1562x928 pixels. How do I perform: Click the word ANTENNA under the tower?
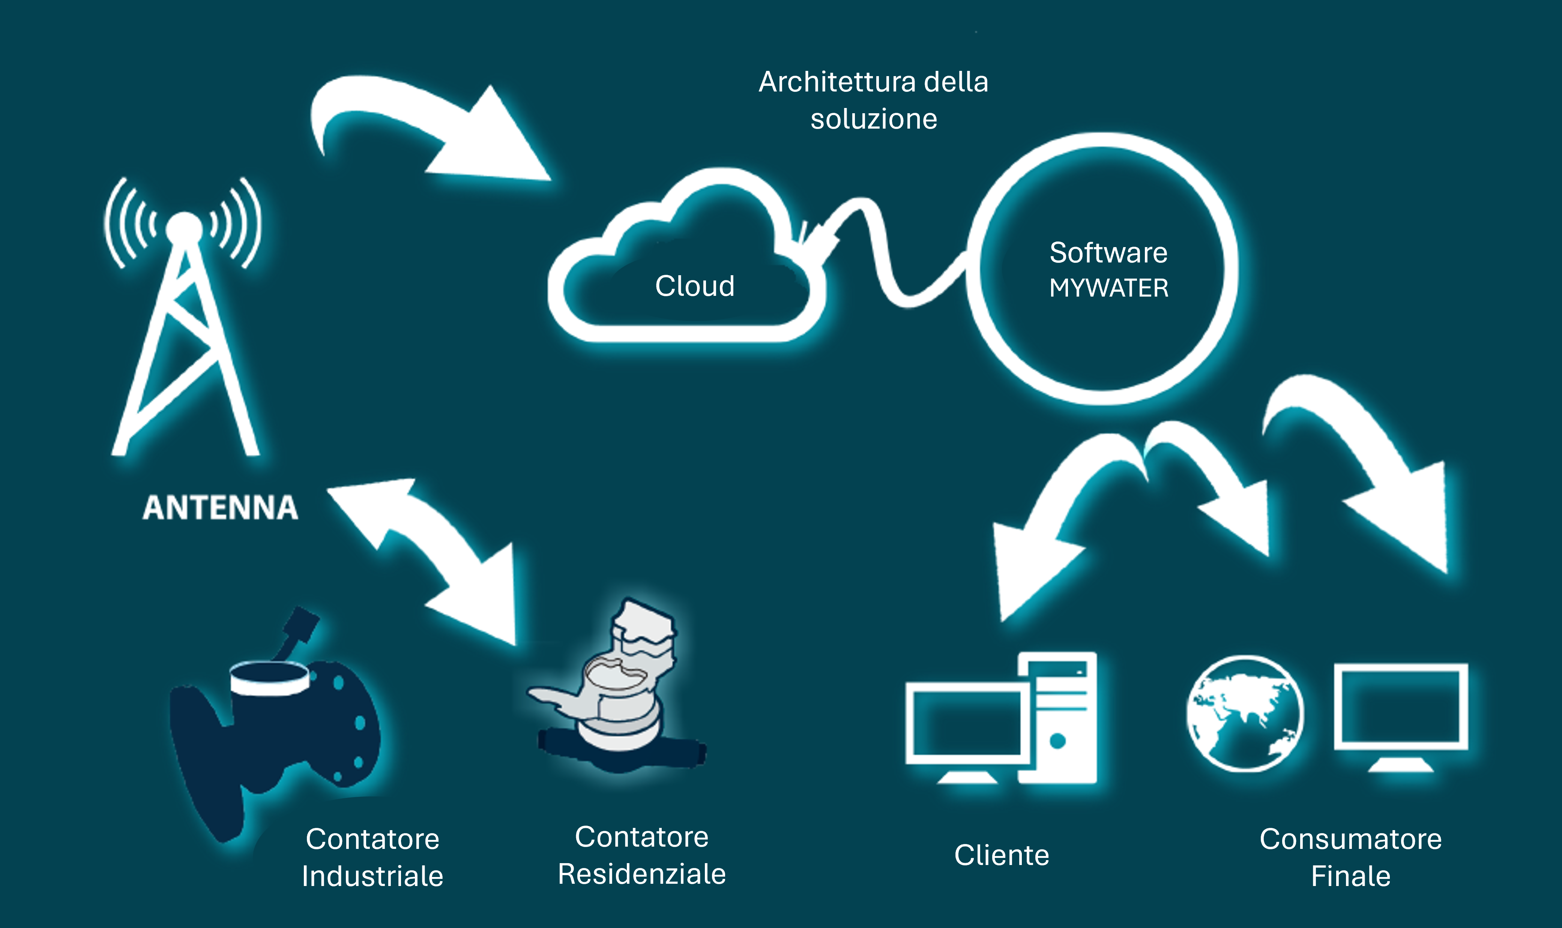[220, 507]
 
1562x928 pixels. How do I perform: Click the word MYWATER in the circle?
[1108, 288]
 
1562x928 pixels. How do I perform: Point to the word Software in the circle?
[1108, 253]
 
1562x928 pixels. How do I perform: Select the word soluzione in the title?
[874, 119]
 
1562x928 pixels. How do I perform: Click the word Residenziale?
[642, 874]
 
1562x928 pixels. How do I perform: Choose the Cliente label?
[1002, 855]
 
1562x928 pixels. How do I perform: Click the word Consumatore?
[1350, 839]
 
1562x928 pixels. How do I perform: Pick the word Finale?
[1350, 876]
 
